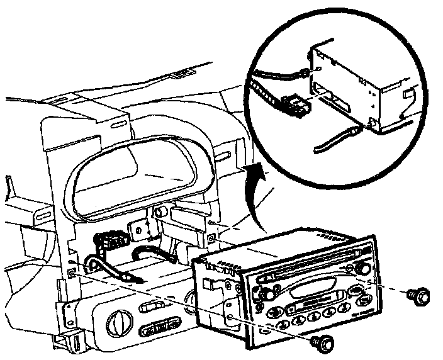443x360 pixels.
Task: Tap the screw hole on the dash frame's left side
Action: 70,273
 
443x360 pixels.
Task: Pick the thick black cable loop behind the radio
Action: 158,254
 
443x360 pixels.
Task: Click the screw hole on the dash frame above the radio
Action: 211,237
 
